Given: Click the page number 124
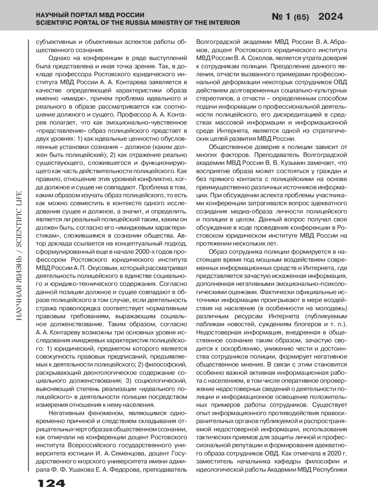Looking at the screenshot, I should [x=51, y=483].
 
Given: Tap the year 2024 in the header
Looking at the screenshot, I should [x=330, y=16].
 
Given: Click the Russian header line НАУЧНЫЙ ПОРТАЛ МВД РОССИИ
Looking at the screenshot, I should [x=90, y=15].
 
